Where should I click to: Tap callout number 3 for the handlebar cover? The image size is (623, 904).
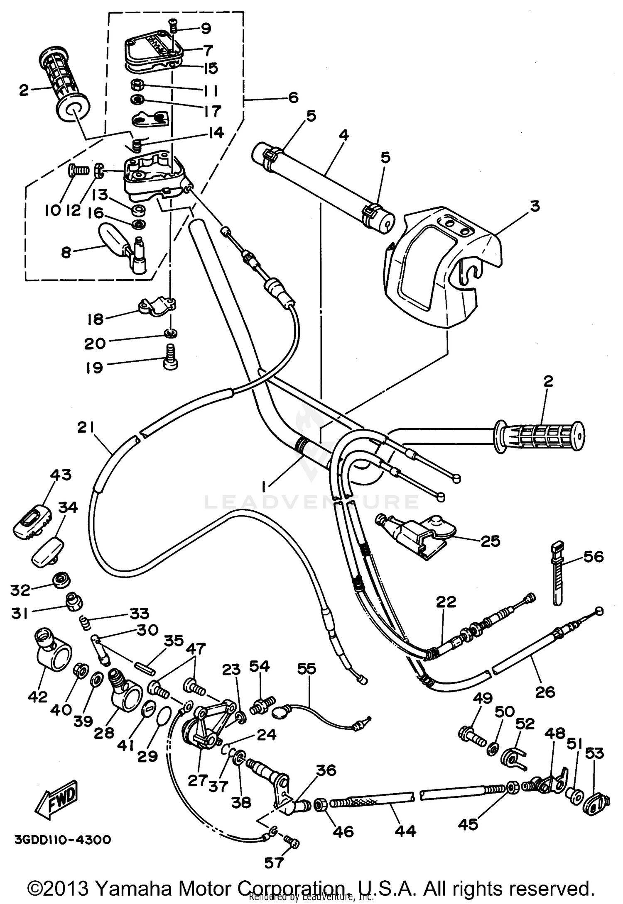pyautogui.click(x=535, y=206)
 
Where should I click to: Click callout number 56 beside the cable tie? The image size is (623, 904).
pyautogui.click(x=593, y=556)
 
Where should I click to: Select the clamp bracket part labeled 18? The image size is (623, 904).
pyautogui.click(x=157, y=307)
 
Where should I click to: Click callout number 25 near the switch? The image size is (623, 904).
pyautogui.click(x=490, y=541)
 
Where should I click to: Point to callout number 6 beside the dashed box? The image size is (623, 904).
pyautogui.click(x=292, y=98)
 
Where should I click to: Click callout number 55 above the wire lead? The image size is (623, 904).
pyautogui.click(x=307, y=669)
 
